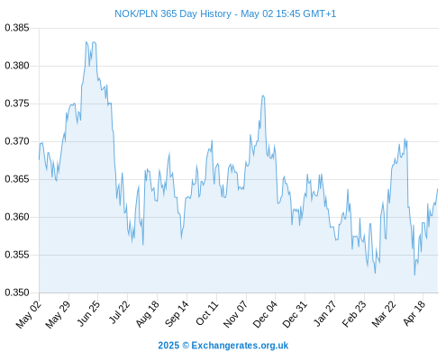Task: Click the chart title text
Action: [x=225, y=13]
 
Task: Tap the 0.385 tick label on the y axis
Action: [x=17, y=28]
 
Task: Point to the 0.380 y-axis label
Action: [x=17, y=66]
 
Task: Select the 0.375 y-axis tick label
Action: [x=17, y=103]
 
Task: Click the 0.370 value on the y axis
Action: [x=17, y=141]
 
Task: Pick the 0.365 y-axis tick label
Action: [x=17, y=179]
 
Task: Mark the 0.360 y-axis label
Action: [x=17, y=217]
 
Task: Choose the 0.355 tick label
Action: [x=17, y=255]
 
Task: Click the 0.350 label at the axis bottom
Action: [x=17, y=292]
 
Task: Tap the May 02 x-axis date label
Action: [x=29, y=314]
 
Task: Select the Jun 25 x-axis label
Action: [x=88, y=313]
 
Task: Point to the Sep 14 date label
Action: [x=177, y=314]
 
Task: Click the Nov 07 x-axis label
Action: [x=235, y=314]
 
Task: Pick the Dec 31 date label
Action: [x=295, y=314]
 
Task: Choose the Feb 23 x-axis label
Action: [x=354, y=314]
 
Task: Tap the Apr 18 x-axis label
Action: [x=414, y=313]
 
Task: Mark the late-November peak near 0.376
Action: [x=263, y=95]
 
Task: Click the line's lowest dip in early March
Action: [x=375, y=273]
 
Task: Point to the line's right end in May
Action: [x=438, y=189]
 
